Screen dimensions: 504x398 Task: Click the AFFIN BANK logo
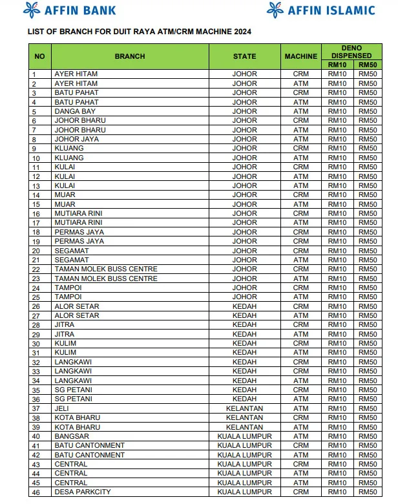click(69, 10)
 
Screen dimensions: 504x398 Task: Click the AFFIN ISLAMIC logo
click(321, 10)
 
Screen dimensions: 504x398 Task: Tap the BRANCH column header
click(130, 56)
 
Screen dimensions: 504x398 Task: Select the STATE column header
click(244, 56)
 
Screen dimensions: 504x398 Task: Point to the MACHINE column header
click(301, 56)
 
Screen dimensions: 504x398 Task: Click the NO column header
click(39, 56)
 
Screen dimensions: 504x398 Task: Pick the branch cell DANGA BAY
click(75, 111)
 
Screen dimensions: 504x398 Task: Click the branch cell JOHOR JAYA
click(76, 139)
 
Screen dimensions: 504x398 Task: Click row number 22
click(36, 269)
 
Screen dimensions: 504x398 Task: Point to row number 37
click(36, 408)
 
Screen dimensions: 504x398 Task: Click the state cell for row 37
click(244, 408)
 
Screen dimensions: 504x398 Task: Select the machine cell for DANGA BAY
click(301, 111)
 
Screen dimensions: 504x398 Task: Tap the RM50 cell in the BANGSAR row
click(368, 436)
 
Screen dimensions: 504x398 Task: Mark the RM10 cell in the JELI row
click(337, 408)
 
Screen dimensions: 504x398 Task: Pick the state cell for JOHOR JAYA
click(244, 139)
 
